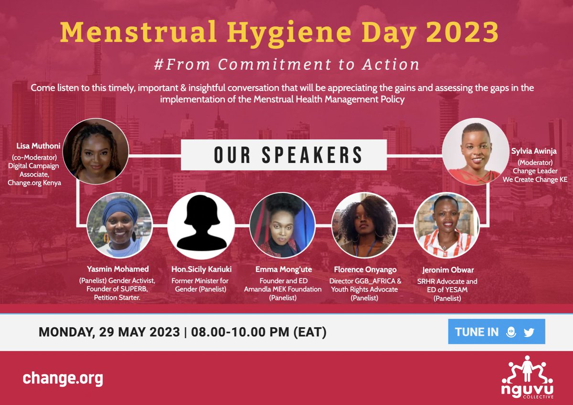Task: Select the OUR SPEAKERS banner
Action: [x=284, y=155]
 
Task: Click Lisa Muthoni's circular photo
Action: [x=96, y=151]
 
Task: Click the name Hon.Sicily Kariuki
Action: [x=201, y=270]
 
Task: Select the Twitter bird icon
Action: [x=529, y=332]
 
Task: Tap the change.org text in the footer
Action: [x=63, y=379]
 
